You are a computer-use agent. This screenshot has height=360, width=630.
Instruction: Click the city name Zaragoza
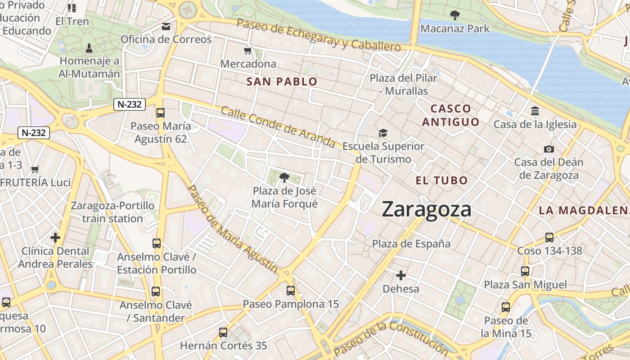tap(427, 210)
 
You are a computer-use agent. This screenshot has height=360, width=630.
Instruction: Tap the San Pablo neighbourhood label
tap(282, 81)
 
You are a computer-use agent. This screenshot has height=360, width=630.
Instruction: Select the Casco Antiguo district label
tap(451, 115)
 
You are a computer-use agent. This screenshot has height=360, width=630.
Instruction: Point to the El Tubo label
tap(441, 180)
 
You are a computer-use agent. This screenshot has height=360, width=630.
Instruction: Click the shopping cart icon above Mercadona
tap(247, 51)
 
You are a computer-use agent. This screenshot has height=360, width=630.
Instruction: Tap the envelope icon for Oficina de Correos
tap(166, 27)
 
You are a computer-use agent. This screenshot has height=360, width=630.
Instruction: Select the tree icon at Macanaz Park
tap(454, 15)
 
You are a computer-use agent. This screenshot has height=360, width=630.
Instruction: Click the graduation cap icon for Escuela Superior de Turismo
tap(383, 133)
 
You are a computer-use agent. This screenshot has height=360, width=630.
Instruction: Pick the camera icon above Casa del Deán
tap(549, 149)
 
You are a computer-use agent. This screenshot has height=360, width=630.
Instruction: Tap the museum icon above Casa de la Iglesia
tap(535, 111)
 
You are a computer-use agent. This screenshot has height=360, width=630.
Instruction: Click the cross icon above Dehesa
tap(400, 275)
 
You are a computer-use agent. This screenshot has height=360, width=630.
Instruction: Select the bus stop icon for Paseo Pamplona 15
tap(291, 291)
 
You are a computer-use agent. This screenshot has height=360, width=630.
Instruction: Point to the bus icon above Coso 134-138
tap(549, 238)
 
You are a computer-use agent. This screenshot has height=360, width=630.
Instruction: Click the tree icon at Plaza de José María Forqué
tap(284, 178)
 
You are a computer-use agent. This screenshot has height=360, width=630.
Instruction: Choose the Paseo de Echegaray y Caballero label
tap(319, 35)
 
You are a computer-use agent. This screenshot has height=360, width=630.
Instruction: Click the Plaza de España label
tap(411, 244)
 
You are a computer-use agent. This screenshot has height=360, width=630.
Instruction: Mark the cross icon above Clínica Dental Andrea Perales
tap(55, 237)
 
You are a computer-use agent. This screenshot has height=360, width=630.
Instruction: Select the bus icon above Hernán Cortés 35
tap(223, 333)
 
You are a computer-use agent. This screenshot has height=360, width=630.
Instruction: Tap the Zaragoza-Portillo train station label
tap(112, 212)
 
